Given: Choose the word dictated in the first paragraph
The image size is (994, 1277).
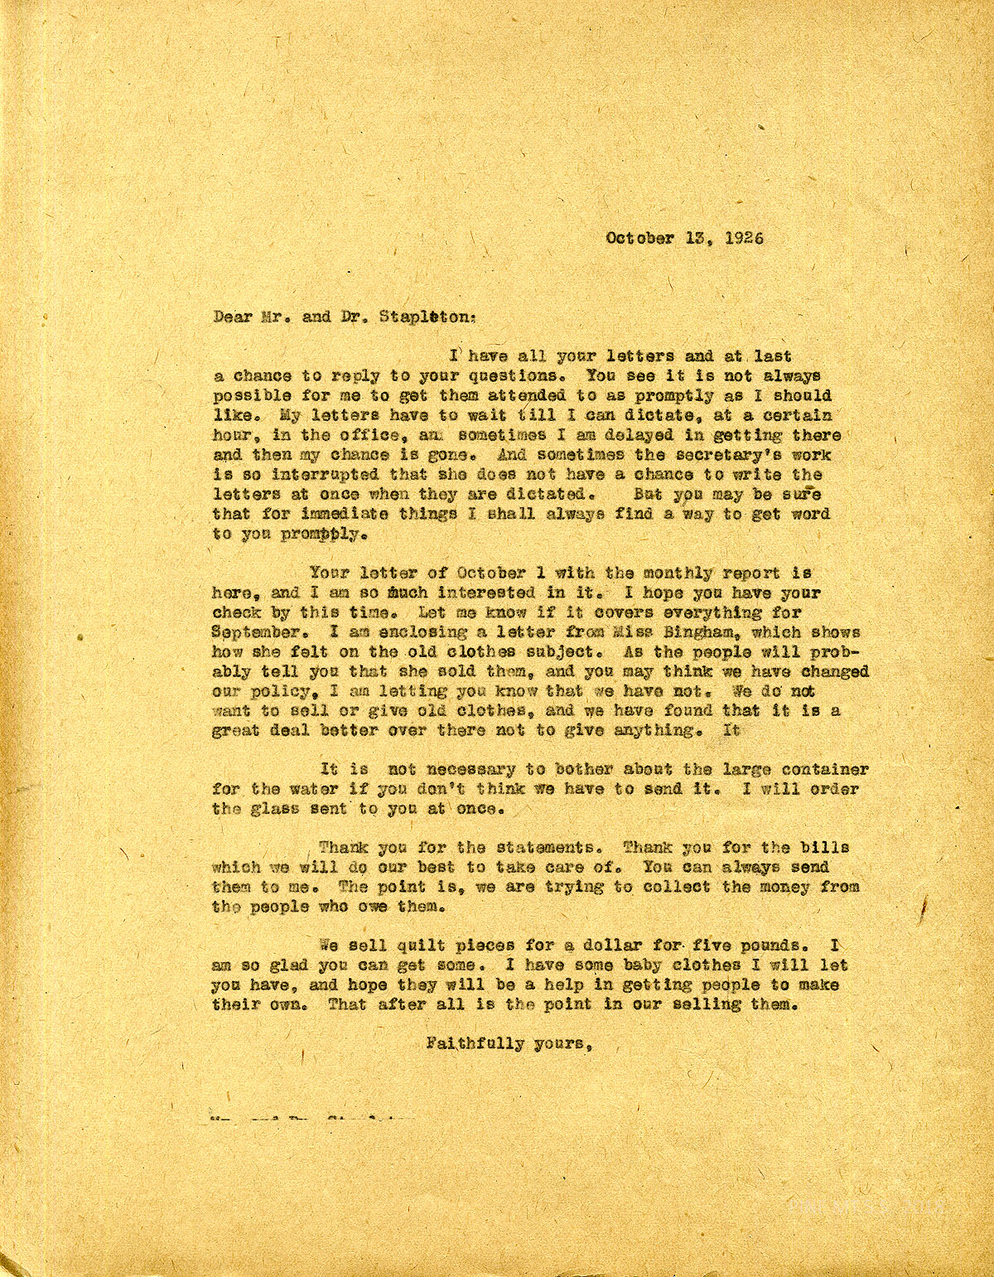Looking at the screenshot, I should [545, 495].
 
